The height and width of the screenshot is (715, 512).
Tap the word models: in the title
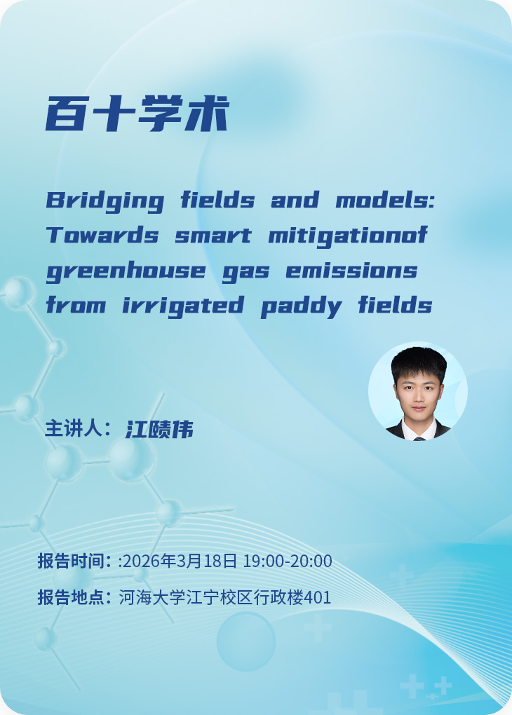(x=386, y=201)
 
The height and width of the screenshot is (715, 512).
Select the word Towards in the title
(x=102, y=236)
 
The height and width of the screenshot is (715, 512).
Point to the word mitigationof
(x=348, y=236)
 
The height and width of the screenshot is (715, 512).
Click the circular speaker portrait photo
(x=418, y=391)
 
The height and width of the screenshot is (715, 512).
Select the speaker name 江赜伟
(x=159, y=429)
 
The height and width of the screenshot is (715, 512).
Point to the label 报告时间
(x=72, y=561)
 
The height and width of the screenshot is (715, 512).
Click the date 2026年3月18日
(x=181, y=561)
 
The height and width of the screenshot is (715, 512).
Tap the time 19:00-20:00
(x=287, y=561)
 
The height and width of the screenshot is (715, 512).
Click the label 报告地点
(x=72, y=598)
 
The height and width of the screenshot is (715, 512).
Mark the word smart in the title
(x=213, y=236)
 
